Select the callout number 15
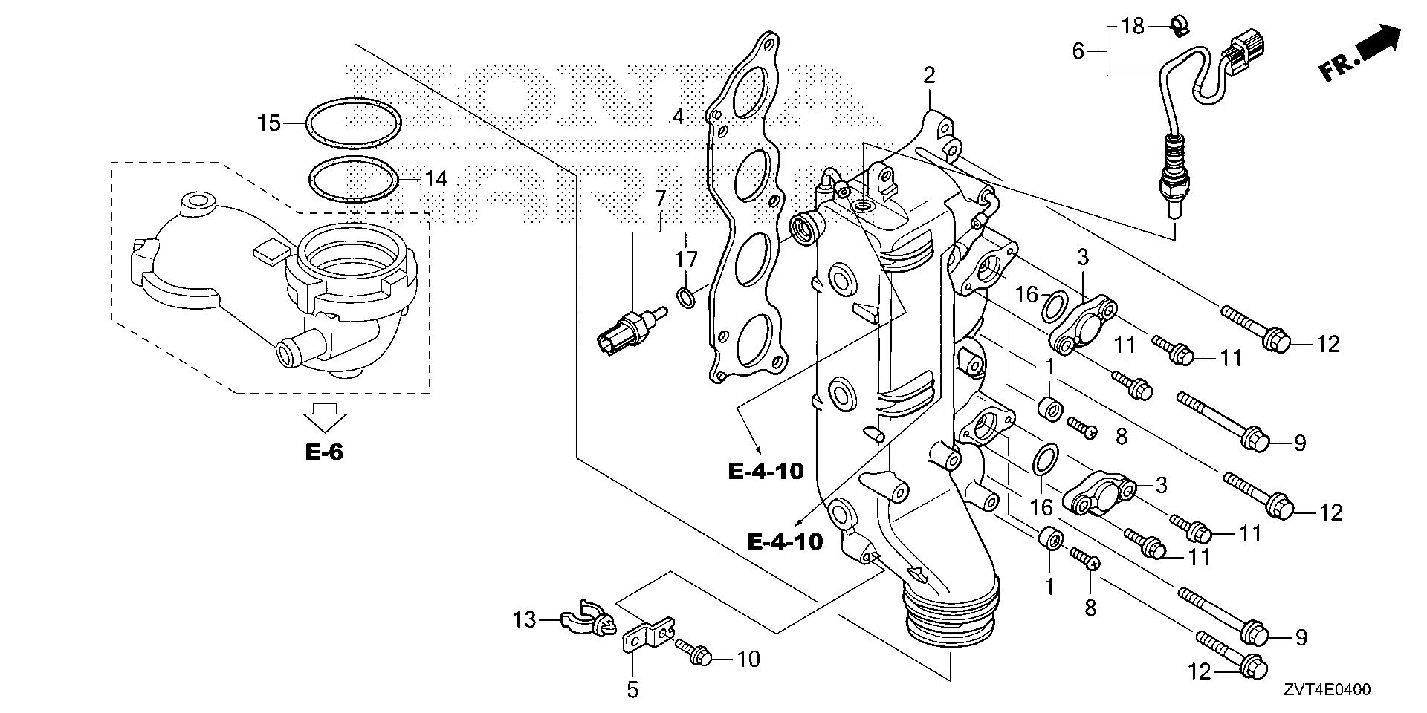pos(269,123)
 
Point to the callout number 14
pos(436,179)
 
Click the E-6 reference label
pos(324,452)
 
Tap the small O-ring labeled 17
pos(687,299)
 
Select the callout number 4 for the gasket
pos(677,117)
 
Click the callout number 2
pos(929,75)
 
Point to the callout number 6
pos(1078,51)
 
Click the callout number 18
pos(1133,27)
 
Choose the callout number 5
pos(632,690)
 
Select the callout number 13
pos(525,619)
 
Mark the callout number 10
pos(748,659)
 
